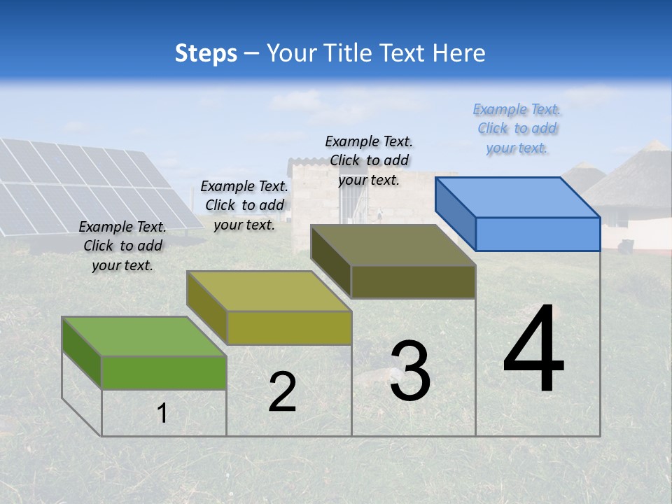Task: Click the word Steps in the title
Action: coord(206,53)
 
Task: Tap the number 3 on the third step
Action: coord(410,371)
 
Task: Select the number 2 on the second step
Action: coord(283,393)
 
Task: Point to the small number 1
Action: coord(162,414)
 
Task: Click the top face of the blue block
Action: coord(518,197)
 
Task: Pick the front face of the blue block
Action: coord(538,234)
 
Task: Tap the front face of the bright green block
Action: coord(164,372)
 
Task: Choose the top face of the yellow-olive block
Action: coord(269,290)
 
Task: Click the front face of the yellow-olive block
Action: coord(289,328)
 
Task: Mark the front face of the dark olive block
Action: coord(413,281)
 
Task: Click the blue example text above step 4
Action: coord(517,129)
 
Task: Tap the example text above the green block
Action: coord(122,246)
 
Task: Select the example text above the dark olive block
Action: coord(369,160)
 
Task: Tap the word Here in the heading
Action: coord(459,53)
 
